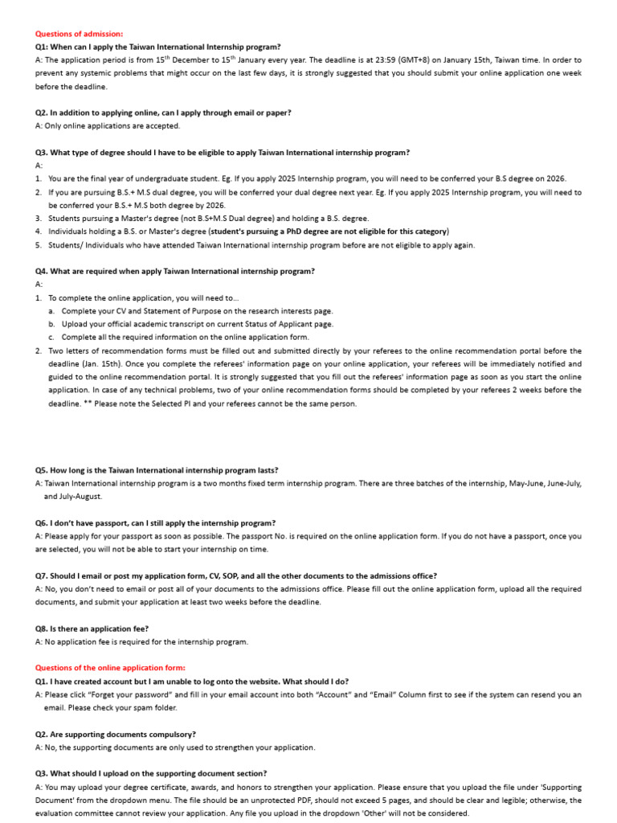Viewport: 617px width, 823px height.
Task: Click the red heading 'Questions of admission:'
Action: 79,34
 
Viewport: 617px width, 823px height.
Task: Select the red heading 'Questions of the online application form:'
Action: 110,668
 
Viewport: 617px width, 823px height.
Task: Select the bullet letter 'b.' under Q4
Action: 51,324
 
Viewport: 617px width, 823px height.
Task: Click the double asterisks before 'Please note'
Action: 87,403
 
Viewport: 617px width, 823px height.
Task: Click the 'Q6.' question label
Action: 42,522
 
